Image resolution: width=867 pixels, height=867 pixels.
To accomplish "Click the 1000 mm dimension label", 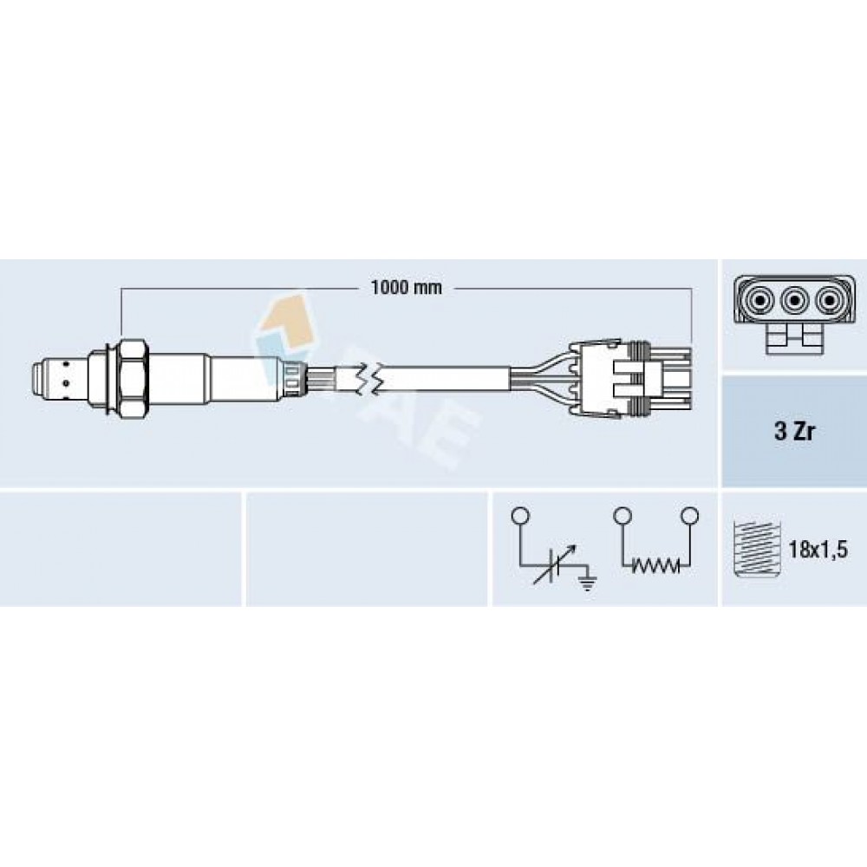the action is [407, 288].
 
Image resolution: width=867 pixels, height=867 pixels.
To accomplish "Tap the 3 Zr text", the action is [794, 432].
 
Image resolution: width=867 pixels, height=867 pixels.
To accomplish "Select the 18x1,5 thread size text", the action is [818, 551].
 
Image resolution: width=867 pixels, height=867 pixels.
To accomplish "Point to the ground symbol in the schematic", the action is [587, 581].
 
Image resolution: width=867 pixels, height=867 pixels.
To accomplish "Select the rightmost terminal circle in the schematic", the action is [689, 517].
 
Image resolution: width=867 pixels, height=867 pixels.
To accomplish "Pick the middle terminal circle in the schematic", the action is [623, 517].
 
